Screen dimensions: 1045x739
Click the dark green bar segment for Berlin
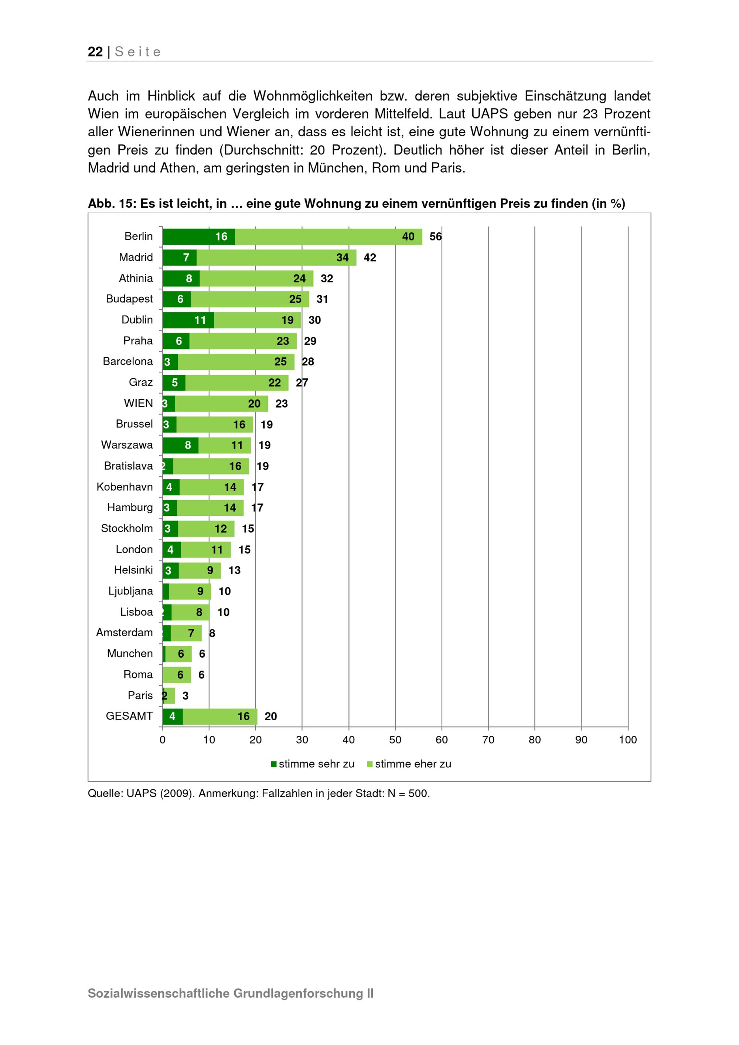tap(198, 236)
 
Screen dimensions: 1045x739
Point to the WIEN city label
tap(138, 403)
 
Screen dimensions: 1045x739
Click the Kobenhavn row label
tap(124, 487)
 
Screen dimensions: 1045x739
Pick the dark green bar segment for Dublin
tap(188, 320)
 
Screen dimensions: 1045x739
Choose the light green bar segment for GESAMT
tap(220, 716)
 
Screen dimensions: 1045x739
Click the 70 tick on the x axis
tap(488, 740)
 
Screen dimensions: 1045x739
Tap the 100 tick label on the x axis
tap(627, 740)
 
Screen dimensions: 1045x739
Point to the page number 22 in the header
tap(95, 52)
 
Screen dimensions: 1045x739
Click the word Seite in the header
tap(138, 52)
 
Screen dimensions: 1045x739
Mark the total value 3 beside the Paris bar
tap(185, 695)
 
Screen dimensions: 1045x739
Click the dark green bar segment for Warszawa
tap(180, 445)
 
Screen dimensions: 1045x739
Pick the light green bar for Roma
tap(177, 674)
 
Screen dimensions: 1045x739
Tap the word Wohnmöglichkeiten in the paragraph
tap(313, 96)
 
